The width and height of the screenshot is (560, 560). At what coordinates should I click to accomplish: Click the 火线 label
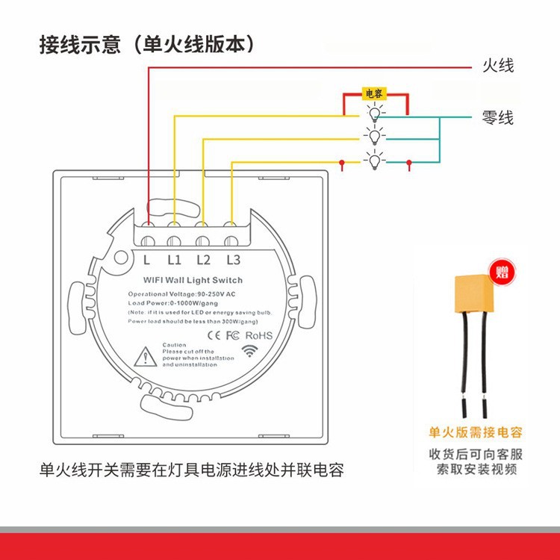click(x=498, y=66)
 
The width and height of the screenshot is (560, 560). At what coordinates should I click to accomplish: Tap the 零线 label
click(x=498, y=117)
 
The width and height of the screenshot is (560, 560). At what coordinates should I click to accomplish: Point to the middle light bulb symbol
click(x=373, y=135)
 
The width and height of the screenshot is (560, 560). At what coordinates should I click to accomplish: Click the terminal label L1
click(x=175, y=260)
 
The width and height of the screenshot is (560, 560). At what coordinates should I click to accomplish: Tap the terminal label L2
click(x=203, y=260)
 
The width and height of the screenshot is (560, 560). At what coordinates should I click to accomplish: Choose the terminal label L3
click(x=232, y=260)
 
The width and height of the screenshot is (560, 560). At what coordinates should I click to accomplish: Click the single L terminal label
click(x=147, y=260)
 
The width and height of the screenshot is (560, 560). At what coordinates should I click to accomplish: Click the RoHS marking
click(x=259, y=335)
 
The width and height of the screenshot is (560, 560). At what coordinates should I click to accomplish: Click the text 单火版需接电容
click(x=476, y=432)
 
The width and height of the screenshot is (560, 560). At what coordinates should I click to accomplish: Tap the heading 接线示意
click(x=80, y=45)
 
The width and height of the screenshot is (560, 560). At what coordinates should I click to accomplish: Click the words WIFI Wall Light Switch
click(x=192, y=280)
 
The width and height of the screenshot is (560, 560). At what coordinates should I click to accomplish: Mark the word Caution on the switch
click(x=174, y=345)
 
